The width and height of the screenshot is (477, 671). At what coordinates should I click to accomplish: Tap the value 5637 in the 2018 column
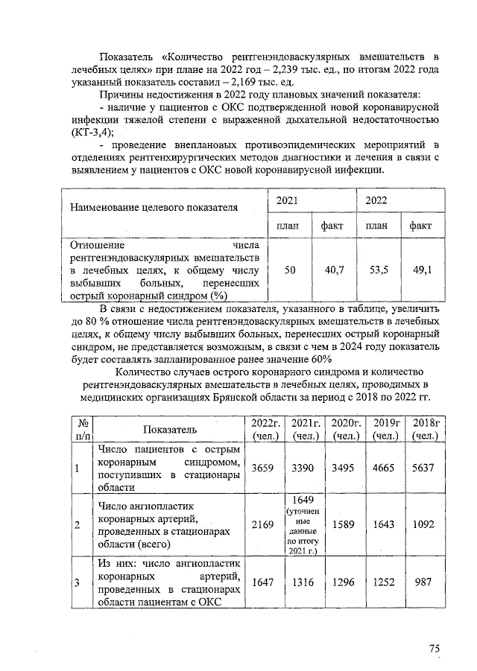tap(423, 468)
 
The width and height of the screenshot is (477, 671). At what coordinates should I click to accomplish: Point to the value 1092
tap(423, 525)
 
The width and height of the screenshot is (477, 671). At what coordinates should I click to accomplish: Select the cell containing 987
tap(423, 582)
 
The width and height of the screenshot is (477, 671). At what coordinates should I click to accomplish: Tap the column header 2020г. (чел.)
tap(344, 429)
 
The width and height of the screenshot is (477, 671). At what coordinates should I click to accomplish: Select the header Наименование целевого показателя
tap(154, 207)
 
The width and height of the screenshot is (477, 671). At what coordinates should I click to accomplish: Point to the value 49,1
tap(423, 270)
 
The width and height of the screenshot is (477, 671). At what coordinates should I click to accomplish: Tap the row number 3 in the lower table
tap(77, 582)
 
